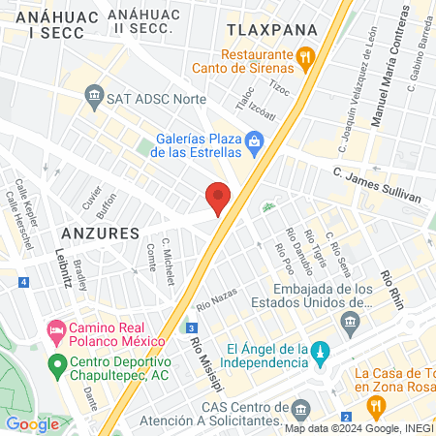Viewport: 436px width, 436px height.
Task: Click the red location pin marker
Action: point(219,198)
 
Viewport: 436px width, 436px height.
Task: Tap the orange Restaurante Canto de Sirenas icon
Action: point(305,57)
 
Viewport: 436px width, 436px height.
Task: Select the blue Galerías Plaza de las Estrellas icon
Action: point(254,144)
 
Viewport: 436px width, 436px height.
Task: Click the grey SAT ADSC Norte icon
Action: point(94,94)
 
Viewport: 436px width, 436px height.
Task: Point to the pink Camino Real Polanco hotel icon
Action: point(56,331)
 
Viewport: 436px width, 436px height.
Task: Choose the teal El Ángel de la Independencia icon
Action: point(322,350)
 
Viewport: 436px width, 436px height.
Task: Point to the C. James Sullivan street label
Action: point(376,185)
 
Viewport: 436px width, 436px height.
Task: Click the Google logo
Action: point(32,423)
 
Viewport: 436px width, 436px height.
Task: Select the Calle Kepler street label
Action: point(20,200)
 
